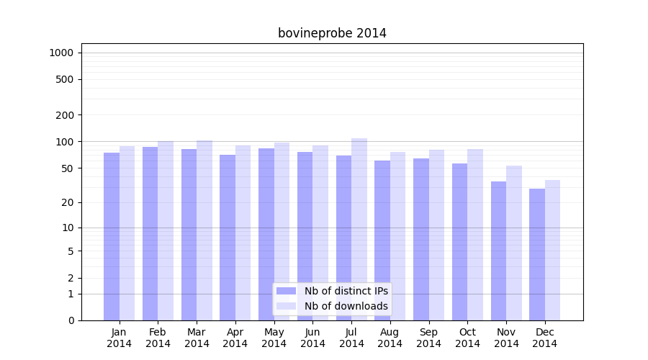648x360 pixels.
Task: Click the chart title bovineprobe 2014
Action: pos(332,33)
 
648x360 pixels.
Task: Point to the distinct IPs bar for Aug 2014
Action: pos(382,240)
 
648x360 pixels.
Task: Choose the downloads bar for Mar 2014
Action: pos(204,230)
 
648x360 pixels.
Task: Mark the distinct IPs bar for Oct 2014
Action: pos(460,242)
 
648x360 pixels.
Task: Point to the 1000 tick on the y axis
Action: pos(61,53)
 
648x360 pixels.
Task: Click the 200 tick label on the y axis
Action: pos(65,115)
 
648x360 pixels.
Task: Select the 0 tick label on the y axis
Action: pos(71,320)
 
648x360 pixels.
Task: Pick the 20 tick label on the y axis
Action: pos(68,202)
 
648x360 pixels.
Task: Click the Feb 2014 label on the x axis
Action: pos(158,338)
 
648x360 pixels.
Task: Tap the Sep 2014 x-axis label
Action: pos(428,338)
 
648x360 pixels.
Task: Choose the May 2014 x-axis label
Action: pos(274,338)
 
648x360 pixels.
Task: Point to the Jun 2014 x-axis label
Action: pos(312,338)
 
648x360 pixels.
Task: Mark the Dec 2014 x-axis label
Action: pos(545,338)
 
